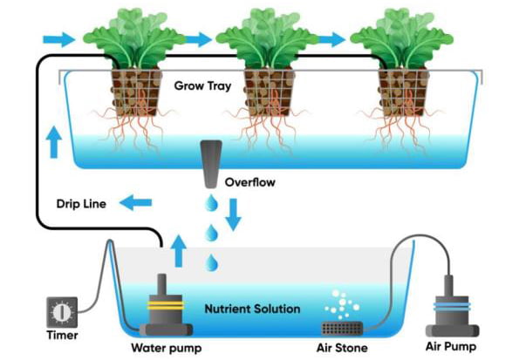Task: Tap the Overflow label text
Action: tap(249, 184)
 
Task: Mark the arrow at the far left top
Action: tap(58, 38)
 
